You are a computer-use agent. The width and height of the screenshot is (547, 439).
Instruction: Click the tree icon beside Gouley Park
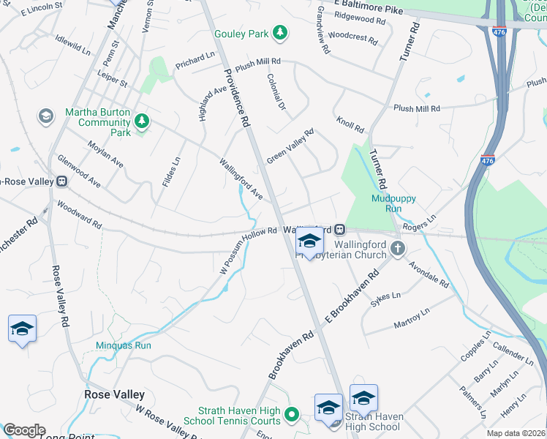pyautogui.click(x=279, y=32)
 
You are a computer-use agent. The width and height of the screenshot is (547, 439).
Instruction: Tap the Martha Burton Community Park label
pyautogui.click(x=98, y=122)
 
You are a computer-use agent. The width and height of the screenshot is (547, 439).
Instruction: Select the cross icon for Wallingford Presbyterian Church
pyautogui.click(x=397, y=249)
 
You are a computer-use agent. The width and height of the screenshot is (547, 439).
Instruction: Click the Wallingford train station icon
pyautogui.click(x=340, y=230)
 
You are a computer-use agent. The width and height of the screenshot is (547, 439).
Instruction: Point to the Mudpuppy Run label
pyautogui.click(x=387, y=203)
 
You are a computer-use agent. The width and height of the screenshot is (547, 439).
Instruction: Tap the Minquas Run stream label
pyautogui.click(x=123, y=345)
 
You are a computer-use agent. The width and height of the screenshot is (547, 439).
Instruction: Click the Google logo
pyautogui.click(x=23, y=430)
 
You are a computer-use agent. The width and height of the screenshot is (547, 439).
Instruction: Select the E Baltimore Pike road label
pyautogui.click(x=369, y=8)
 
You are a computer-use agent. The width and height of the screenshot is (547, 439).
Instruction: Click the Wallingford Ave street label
pyautogui.click(x=241, y=178)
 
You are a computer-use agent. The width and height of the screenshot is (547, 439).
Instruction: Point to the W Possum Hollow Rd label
pyautogui.click(x=249, y=250)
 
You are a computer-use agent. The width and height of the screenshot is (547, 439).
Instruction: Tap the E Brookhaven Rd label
pyautogui.click(x=351, y=297)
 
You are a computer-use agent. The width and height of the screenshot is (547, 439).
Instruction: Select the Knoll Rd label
pyautogui.click(x=350, y=124)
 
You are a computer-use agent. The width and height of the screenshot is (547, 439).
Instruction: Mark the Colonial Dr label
pyautogui.click(x=276, y=91)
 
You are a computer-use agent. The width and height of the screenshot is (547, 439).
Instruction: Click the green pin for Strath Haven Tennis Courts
pyautogui.click(x=292, y=415)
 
